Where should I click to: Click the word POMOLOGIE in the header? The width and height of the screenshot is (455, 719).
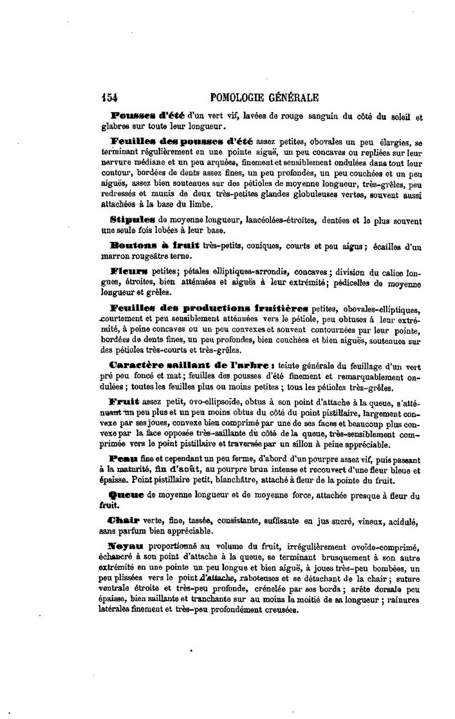coord(243,98)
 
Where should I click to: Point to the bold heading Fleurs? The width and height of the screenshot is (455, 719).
coord(129,272)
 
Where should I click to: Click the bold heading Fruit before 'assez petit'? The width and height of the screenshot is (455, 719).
coord(124,402)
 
